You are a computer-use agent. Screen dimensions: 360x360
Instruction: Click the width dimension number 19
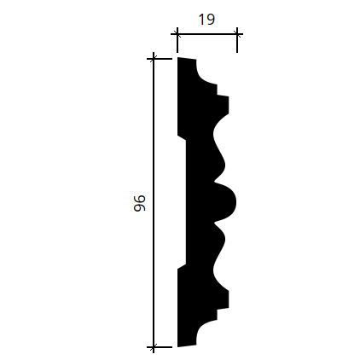pos(206,20)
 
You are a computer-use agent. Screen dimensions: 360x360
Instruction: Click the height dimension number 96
pos(140,203)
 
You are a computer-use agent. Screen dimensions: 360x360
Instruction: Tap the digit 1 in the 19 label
pos(202,20)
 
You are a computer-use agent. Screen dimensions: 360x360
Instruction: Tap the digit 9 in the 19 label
pos(211,20)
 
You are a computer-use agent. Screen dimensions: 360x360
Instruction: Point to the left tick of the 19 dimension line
pos(177,34)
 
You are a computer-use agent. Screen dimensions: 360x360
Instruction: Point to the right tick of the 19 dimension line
pos(237,34)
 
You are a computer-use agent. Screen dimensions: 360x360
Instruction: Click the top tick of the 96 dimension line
pos(154,59)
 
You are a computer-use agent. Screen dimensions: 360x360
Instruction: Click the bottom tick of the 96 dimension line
pos(154,347)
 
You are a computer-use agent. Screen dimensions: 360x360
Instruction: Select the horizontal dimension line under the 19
pos(207,34)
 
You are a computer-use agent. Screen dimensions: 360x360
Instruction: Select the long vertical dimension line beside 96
pos(154,203)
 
